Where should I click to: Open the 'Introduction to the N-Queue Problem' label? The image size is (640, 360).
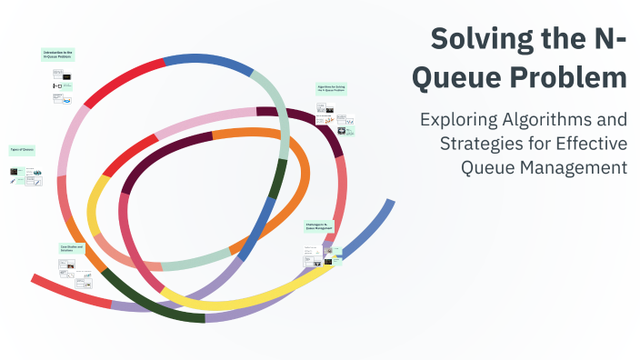pos(57,55)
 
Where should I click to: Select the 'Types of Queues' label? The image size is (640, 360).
pos(21,149)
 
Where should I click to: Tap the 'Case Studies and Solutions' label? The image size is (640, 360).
pos(72,247)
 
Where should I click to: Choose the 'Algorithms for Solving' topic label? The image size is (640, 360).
pos(331,89)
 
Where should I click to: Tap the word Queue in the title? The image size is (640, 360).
pos(455,76)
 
